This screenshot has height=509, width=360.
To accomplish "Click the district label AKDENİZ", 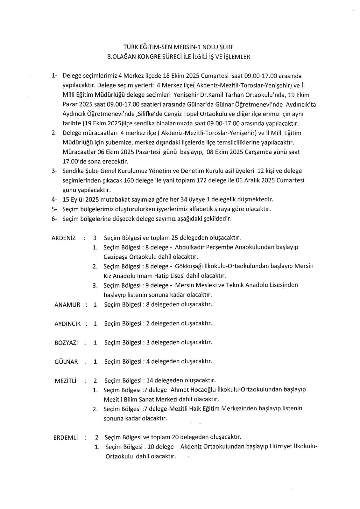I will click(64, 238).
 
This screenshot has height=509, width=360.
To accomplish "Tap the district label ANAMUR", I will click(67, 304).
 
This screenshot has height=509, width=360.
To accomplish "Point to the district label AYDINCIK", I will click(67, 324).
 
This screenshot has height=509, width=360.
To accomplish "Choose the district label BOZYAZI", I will click(66, 343).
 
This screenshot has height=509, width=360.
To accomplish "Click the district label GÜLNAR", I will click(66, 362).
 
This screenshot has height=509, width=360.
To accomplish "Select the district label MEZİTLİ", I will click(66, 380).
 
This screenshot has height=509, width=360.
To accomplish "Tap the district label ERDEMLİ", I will click(66, 437).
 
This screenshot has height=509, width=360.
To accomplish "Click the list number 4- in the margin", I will click(54, 199).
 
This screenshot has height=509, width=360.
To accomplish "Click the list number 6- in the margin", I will click(54, 219).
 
